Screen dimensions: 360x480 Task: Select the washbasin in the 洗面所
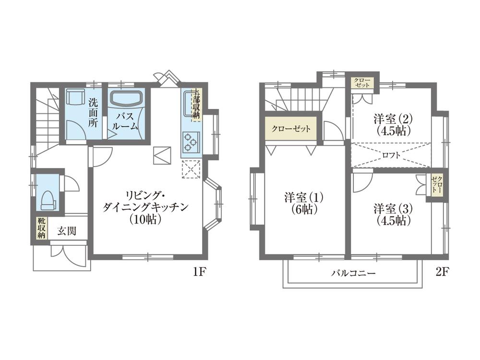click(75, 97)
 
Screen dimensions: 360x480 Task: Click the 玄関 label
click(67, 231)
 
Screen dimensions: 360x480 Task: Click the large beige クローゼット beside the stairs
click(291, 129)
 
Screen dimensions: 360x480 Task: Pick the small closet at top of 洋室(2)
click(363, 82)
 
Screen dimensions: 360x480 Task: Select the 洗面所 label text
click(94, 112)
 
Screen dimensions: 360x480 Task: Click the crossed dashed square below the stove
click(192, 168)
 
